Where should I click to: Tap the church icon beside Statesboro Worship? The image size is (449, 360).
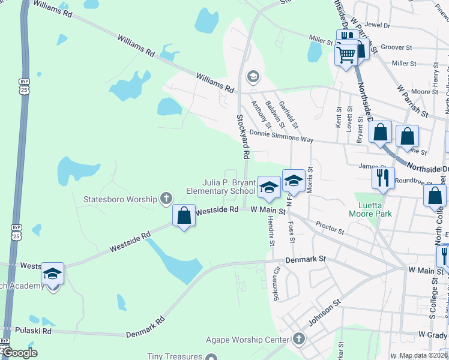tap(166, 199)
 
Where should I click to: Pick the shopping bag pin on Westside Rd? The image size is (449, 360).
tap(184, 217)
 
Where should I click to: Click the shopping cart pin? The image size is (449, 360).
tap(346, 56)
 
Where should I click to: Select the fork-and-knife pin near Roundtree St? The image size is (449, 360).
tap(382, 178)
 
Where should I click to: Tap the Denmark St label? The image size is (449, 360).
tap(305, 259)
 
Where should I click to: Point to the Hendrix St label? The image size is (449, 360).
tap(271, 231)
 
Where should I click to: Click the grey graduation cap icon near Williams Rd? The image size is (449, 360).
tap(253, 76)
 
